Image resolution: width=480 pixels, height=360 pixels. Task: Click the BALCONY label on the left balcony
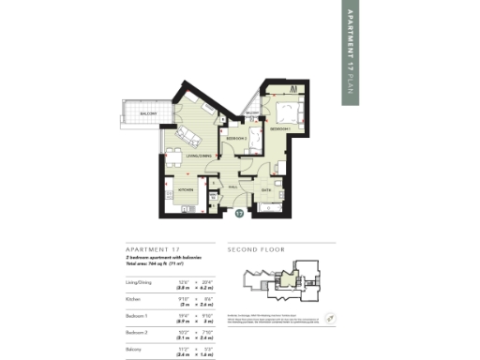(148, 113)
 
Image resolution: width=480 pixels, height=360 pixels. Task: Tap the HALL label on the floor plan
(232, 187)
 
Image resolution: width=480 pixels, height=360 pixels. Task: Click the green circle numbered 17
(240, 214)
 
